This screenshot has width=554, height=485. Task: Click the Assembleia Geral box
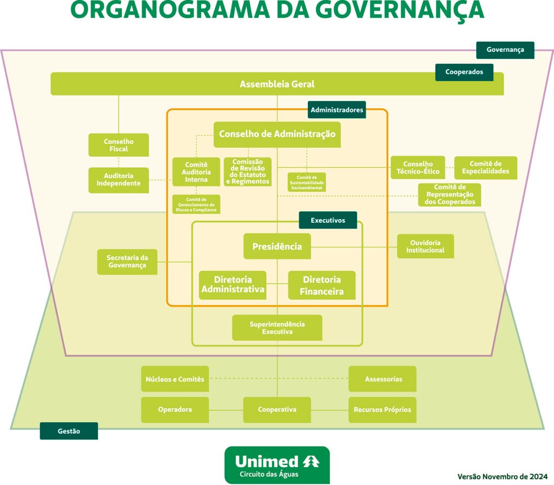(x=277, y=84)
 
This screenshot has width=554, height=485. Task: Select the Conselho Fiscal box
(x=118, y=145)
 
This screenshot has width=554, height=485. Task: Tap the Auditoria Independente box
(x=118, y=180)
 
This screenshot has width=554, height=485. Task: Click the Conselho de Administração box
(x=277, y=134)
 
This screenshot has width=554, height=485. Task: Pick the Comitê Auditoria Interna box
(x=196, y=171)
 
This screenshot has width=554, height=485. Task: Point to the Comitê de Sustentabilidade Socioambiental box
(x=306, y=182)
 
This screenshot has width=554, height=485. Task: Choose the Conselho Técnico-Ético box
(x=418, y=168)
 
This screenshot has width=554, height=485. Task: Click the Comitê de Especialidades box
(x=485, y=168)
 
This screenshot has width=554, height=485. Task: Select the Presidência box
(x=277, y=247)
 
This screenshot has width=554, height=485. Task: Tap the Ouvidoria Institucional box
(x=425, y=247)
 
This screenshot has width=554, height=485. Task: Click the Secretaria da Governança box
(x=127, y=262)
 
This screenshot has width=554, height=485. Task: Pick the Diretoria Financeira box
(x=322, y=285)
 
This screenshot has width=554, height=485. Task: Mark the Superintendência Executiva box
(x=277, y=328)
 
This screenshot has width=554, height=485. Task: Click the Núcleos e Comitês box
(x=175, y=379)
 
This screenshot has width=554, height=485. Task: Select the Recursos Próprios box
(x=382, y=410)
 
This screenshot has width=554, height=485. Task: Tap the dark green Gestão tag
(x=69, y=431)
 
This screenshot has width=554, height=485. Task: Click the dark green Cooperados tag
(x=464, y=72)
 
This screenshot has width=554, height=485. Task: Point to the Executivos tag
(x=328, y=220)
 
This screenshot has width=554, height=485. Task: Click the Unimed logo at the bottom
(x=276, y=465)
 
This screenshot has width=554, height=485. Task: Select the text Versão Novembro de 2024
(x=502, y=476)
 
